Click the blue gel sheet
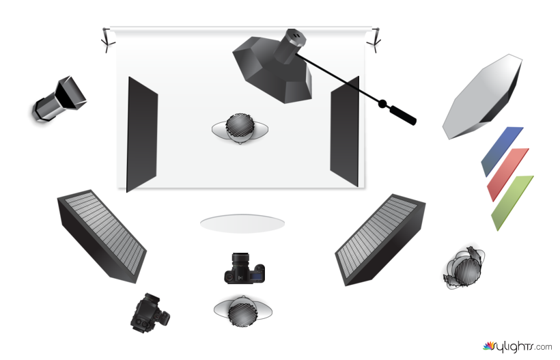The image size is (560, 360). coord(502,151)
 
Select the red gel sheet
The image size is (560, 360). coord(507,174)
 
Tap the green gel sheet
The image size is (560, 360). coord(512,202)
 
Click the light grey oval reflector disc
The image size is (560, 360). coord(242,223)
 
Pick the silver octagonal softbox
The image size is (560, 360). coord(482,97)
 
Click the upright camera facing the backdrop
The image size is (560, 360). coord(244,268)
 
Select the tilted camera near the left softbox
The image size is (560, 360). coord(150,314)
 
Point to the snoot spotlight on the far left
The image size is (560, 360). coord(59,100)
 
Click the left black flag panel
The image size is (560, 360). coord(142,135)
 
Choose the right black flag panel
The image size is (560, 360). coord(344,131)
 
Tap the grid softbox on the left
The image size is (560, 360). coord(102,236)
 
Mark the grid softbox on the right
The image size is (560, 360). coord(380,240)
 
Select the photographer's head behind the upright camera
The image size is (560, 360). coord(243,311)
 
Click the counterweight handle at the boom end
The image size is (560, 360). coord(402,115)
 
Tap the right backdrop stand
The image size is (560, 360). coord(374,40)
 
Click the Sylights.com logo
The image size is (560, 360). coord(517,346)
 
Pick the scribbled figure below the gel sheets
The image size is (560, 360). coord(464,268)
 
